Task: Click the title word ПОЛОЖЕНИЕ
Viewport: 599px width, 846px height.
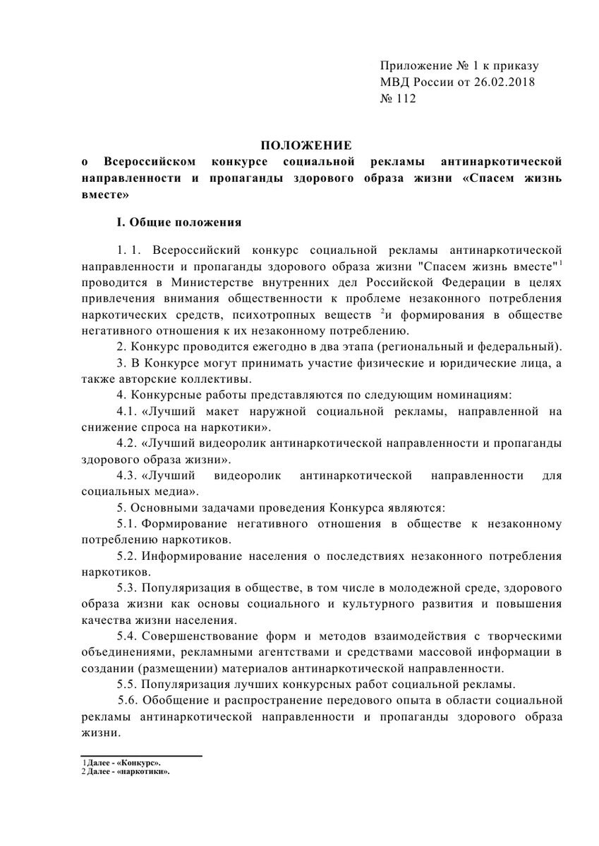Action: pos(306,146)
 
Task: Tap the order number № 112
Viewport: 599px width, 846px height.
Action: pos(398,99)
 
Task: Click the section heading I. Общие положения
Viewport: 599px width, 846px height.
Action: pos(179,223)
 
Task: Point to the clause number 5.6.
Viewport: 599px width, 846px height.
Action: pos(128,700)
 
